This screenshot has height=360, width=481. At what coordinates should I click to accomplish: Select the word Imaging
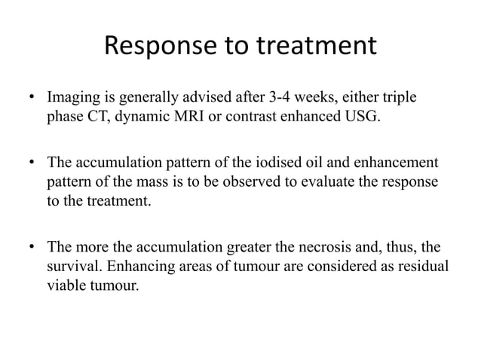click(x=72, y=99)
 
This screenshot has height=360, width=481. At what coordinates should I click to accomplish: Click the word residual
click(x=423, y=266)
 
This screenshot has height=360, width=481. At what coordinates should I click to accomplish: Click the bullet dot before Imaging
click(x=32, y=99)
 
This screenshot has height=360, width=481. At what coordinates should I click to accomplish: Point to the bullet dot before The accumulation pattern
click(x=32, y=163)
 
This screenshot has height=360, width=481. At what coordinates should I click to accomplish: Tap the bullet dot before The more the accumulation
click(x=32, y=247)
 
